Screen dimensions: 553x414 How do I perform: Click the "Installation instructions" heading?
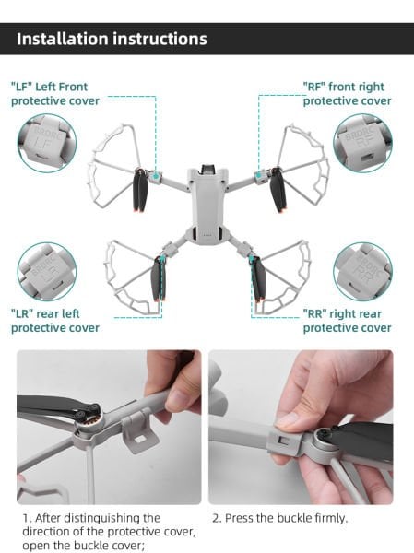112,39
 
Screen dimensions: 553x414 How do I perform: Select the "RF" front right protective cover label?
347,93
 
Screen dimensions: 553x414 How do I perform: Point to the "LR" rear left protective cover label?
55,321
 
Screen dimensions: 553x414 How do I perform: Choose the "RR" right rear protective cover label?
347,321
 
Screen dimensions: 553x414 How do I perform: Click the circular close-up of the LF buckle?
46,143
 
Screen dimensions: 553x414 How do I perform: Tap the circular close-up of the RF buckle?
362,143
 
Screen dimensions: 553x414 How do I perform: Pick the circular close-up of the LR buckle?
46,271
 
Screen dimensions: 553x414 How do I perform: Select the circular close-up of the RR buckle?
362,271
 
